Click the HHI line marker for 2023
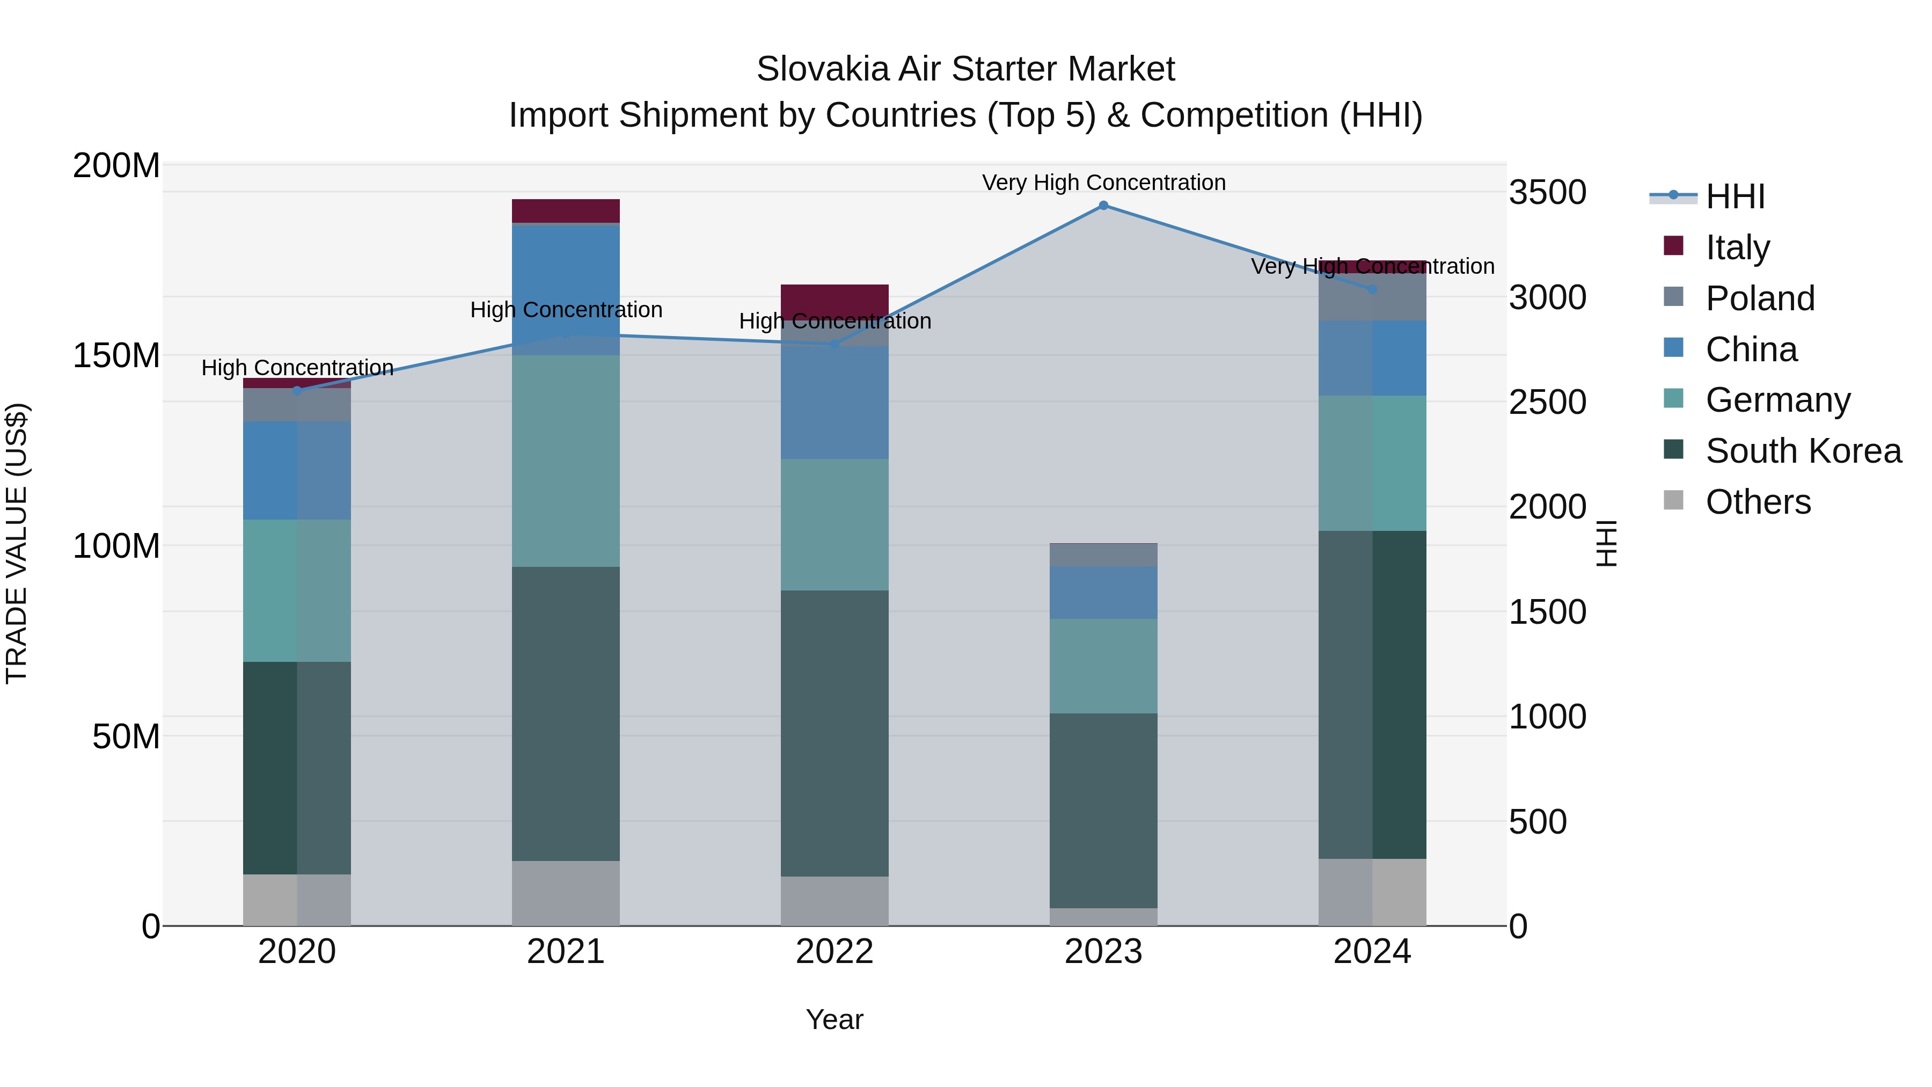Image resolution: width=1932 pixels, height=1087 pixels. [x=1103, y=206]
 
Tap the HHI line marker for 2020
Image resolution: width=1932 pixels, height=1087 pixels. [x=297, y=391]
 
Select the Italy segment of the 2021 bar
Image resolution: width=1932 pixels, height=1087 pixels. [x=566, y=211]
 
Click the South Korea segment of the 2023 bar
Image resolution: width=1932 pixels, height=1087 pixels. [x=1103, y=810]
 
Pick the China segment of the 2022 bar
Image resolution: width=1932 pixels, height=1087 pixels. [x=834, y=403]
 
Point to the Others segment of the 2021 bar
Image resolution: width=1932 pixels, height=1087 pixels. [x=566, y=893]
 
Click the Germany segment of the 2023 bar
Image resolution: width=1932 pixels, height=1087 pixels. [x=1103, y=666]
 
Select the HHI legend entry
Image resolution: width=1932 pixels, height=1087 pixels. [x=1734, y=196]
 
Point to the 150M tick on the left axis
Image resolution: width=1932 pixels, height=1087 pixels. [x=116, y=355]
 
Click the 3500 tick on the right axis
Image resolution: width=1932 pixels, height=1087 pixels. [x=1547, y=193]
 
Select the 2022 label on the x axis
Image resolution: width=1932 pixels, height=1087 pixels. [x=834, y=952]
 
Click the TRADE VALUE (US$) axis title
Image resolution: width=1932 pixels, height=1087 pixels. [x=17, y=543]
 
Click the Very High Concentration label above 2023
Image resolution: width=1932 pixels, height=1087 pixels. [x=1103, y=183]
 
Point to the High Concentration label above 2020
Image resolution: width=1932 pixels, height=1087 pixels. [x=297, y=368]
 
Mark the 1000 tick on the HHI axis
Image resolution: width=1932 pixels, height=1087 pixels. [x=1547, y=717]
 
